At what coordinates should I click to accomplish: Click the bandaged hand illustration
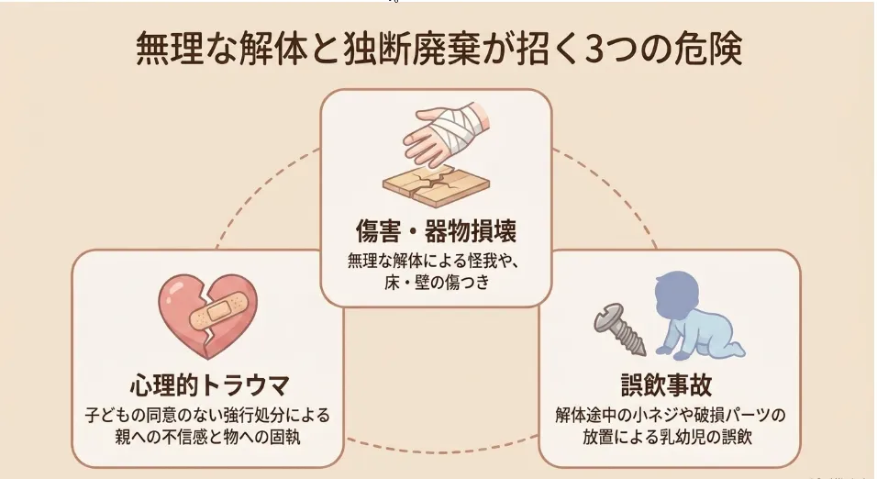tap(446, 133)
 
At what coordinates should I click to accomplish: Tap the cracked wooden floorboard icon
tap(437, 185)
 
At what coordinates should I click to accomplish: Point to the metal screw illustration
tap(619, 329)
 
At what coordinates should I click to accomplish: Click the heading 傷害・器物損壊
tap(437, 230)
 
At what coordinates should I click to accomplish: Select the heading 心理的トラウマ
tap(210, 385)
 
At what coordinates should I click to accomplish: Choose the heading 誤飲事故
tap(667, 385)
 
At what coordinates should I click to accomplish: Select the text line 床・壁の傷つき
tap(437, 283)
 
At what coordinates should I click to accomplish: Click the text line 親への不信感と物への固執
tap(207, 437)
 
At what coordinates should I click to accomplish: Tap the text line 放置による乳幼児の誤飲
tap(667, 437)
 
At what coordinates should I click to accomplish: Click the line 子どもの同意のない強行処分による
tap(207, 415)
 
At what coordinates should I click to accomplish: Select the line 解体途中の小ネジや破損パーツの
tap(671, 415)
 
